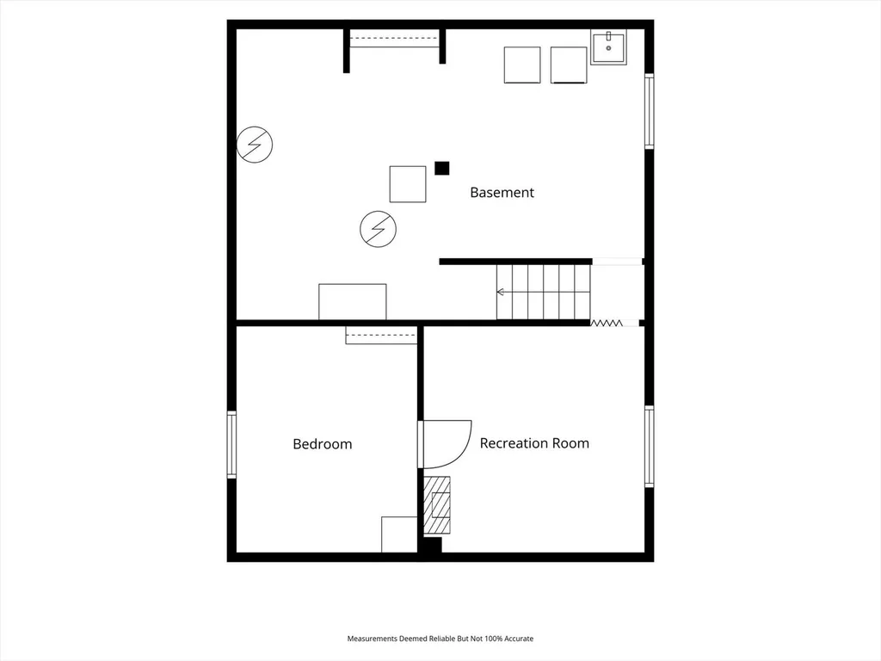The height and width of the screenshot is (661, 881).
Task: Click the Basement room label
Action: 502,192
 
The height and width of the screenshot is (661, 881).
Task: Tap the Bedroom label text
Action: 323,444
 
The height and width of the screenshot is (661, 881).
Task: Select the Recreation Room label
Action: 534,443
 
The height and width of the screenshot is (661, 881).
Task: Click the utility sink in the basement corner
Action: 608,47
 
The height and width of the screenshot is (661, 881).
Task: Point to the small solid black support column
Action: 441,168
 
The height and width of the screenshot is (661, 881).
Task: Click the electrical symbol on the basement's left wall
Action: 255,145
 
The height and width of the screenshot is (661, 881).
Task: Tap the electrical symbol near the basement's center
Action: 379,229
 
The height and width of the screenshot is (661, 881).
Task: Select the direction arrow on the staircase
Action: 501,292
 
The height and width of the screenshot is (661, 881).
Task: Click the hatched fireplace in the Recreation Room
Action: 436,504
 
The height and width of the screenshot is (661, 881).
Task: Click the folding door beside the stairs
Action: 606,323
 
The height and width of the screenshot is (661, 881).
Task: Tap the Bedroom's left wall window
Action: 231,445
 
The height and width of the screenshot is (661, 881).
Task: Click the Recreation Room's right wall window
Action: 649,447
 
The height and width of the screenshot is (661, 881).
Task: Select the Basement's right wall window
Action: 649,111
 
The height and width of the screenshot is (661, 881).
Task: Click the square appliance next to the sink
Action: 569,65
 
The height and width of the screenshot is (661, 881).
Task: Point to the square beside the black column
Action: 408,184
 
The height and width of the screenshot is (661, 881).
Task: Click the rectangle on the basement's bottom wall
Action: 352,302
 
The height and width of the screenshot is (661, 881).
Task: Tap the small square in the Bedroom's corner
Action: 399,534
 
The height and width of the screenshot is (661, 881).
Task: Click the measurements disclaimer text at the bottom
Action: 440,639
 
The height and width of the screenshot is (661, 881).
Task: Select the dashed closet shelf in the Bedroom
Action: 381,335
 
